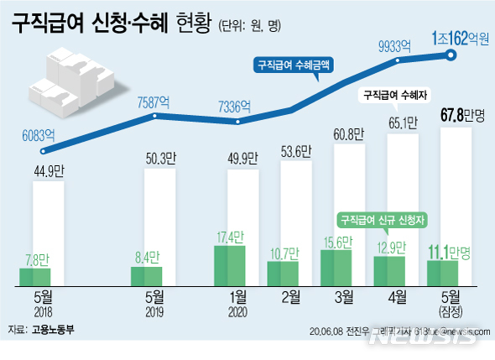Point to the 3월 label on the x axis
pyautogui.click(x=342, y=295)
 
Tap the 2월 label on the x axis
pyautogui.click(x=289, y=295)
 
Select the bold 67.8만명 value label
pyautogui.click(x=463, y=115)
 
